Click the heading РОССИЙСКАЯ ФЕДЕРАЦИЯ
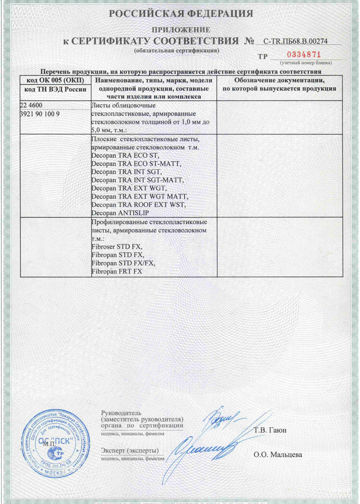click(180, 13)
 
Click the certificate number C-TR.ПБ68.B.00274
click(297, 41)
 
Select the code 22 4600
click(32, 106)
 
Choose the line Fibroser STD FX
click(117, 247)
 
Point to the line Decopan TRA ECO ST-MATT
click(129, 163)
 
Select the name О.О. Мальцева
click(278, 454)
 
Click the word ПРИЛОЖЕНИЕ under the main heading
click(180, 30)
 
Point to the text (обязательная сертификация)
click(177, 50)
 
